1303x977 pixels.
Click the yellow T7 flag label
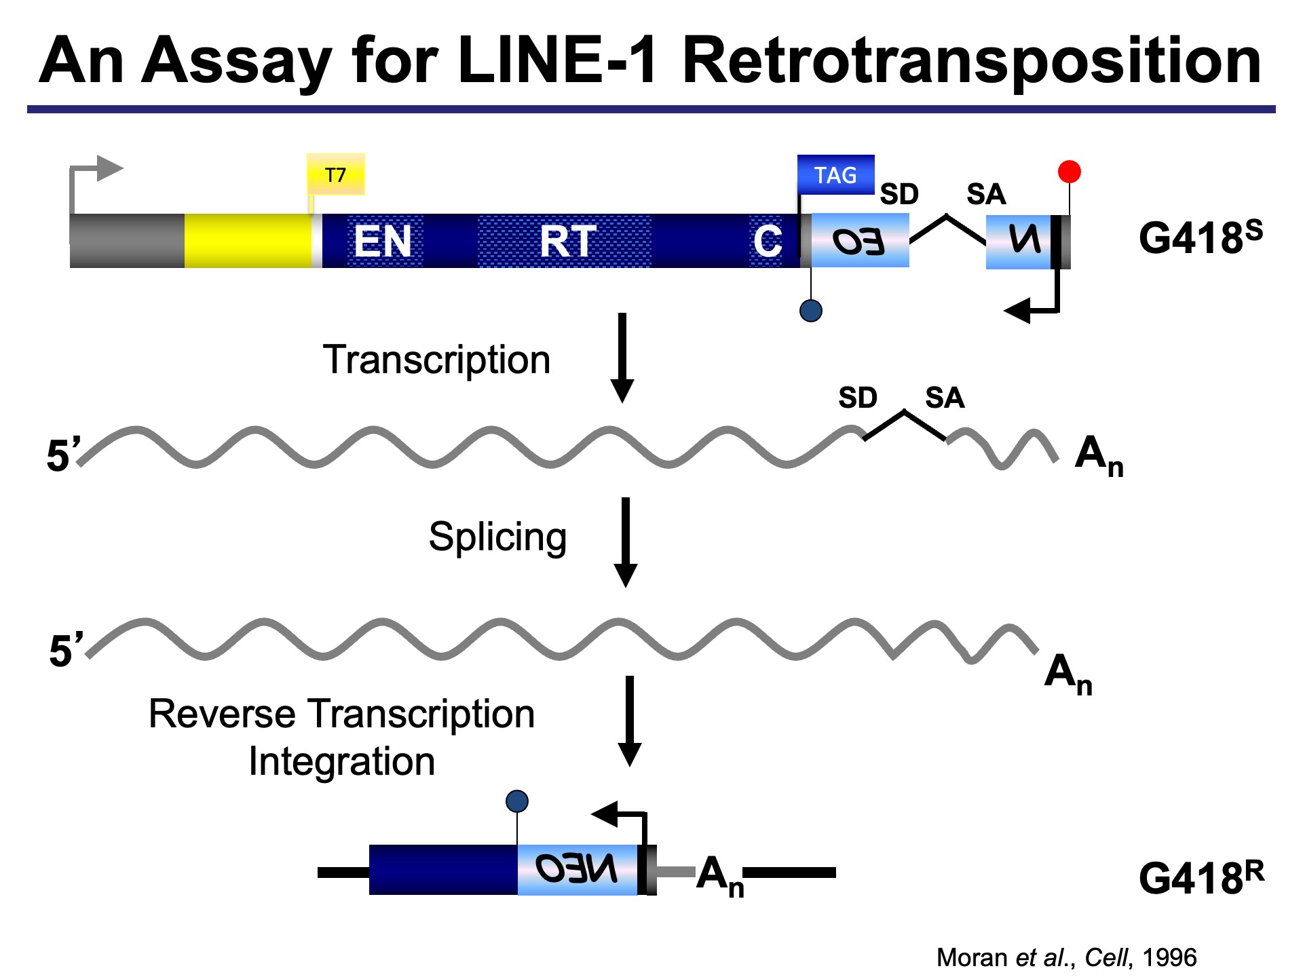(335, 174)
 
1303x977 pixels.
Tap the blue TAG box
(835, 175)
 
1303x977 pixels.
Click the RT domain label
(567, 241)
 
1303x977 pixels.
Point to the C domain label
(767, 241)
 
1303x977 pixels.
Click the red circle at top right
(1069, 172)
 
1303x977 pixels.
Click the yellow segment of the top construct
(247, 241)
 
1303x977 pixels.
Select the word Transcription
(436, 360)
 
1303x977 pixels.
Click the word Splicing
(497, 537)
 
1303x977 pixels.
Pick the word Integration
(341, 761)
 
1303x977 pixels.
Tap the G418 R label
(1201, 877)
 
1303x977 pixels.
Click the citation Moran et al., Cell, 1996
(1065, 957)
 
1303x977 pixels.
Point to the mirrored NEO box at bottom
(577, 869)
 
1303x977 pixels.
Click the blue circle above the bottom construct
(517, 801)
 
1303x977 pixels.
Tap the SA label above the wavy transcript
(944, 398)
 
